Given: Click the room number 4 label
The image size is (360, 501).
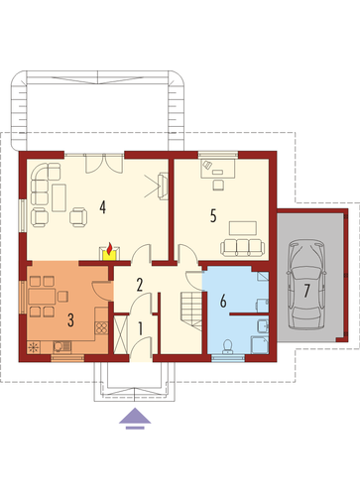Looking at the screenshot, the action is pos(103,207).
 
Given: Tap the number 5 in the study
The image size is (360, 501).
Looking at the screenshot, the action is pos(213,215).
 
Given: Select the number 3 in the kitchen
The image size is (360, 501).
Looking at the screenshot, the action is pos(70,319).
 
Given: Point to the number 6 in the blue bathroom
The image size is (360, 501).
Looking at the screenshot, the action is pos(223,302).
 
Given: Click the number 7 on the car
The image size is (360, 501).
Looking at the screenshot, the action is pos(306,291).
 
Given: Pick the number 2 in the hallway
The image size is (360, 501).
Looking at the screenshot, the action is pos(140,285).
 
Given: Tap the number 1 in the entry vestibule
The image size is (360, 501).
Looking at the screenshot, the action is pos(140,329).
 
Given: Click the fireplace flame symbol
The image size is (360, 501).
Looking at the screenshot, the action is pos(109,248).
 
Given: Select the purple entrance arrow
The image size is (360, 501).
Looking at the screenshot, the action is pos(135,419).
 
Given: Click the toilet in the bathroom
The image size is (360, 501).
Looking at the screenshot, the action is pos(228,346).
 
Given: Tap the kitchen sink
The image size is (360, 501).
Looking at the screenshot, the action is pos(61,346).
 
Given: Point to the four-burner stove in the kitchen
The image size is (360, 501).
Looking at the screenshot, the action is pos(101,327).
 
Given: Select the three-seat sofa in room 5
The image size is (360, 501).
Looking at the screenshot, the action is pos(243,248).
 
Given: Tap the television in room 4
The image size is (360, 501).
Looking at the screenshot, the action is pos(163,187).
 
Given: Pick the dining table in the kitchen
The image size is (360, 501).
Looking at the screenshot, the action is pos(42,297).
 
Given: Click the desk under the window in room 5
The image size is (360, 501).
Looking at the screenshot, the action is pos(218,168).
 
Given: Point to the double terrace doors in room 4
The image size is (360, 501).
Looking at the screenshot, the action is pos(104,164).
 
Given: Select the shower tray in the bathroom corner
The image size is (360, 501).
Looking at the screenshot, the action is pos(260,345).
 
